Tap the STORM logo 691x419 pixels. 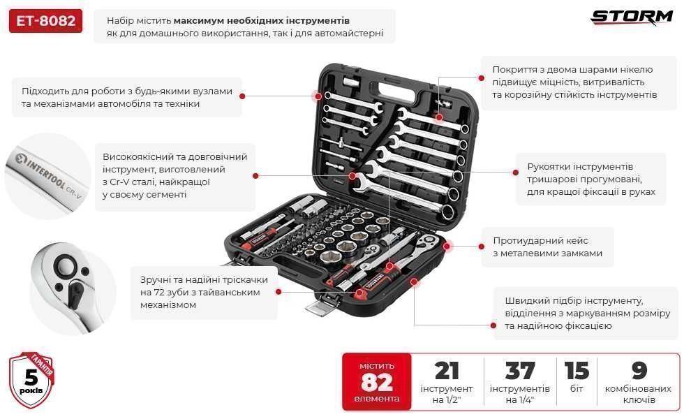pos(632,17)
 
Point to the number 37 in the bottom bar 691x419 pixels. pos(519,371)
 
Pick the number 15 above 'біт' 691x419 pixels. pos(577,371)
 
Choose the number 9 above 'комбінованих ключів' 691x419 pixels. pos(639,371)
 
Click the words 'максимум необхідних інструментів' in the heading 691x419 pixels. pos(262,21)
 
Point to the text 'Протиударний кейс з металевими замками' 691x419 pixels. pos(547,247)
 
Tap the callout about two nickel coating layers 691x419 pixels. pos(574,82)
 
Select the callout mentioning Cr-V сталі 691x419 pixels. pos(174,176)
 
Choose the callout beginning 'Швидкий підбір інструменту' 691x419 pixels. pos(587,313)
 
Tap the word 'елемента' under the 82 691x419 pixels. pos(377,399)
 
